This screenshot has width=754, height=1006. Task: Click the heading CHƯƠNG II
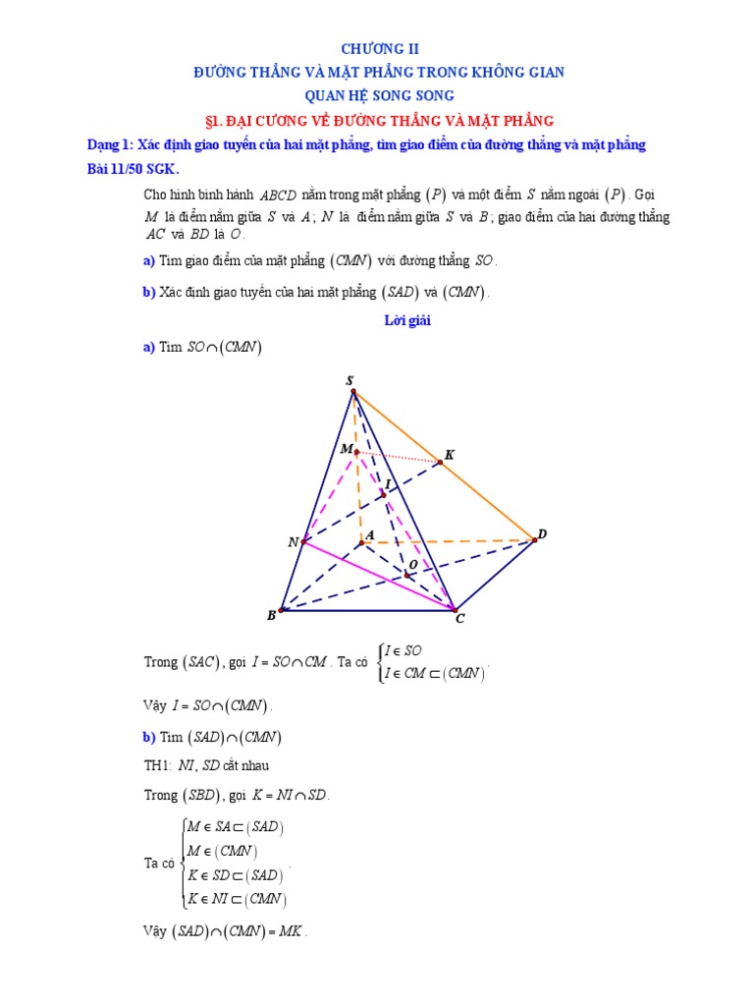tap(378, 48)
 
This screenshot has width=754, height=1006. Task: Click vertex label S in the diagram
tap(350, 379)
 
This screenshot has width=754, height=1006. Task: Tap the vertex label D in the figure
tap(541, 533)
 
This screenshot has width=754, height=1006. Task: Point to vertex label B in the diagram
tap(271, 616)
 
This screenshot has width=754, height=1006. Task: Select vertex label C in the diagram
tap(458, 619)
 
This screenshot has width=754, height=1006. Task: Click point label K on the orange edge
tap(450, 455)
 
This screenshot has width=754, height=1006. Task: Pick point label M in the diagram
tap(346, 449)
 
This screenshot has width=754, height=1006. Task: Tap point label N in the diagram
tap(293, 542)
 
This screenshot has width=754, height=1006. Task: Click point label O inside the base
tap(413, 564)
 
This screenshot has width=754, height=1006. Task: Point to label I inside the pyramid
tap(388, 484)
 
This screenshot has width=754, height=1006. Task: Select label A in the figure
tap(370, 534)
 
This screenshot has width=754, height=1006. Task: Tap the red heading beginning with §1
tap(378, 121)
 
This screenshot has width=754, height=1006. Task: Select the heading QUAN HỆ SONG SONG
tap(378, 96)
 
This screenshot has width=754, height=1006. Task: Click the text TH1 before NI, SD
tap(157, 765)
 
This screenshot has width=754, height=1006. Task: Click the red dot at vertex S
tap(353, 391)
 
